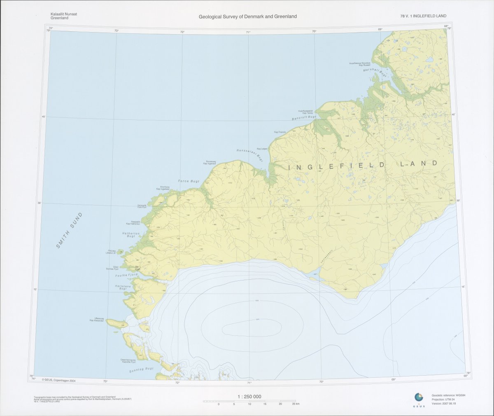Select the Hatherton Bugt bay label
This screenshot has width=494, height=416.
tap(131, 235)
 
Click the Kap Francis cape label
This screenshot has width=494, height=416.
tap(280, 132)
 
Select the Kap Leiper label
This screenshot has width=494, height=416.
tap(262, 149)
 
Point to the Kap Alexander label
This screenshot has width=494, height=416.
tap(96, 321)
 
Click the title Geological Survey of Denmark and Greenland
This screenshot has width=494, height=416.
tap(247, 16)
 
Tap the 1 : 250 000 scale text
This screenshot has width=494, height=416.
tap(249, 397)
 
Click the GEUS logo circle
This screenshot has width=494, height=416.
tap(419, 397)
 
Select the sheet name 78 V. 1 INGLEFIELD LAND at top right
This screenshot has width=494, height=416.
tap(423, 16)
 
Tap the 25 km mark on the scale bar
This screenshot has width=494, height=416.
tap(295, 404)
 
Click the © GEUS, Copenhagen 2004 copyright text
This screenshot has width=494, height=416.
tap(59, 381)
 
